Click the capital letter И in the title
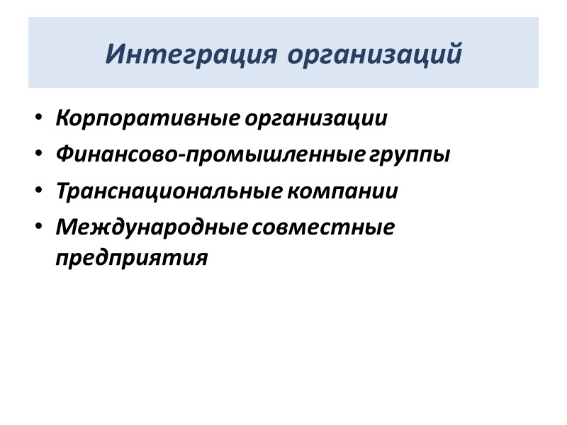114,53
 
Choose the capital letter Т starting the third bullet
62,191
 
